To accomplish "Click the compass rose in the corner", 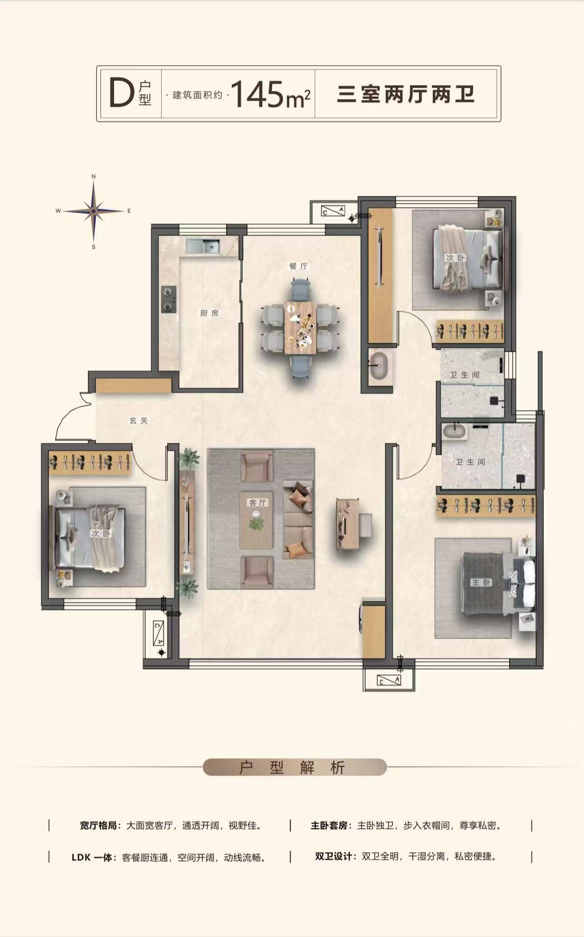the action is click(x=94, y=211).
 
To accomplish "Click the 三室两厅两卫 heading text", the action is click(x=406, y=94).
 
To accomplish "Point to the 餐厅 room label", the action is click(x=299, y=266).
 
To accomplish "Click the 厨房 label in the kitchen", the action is click(x=209, y=313).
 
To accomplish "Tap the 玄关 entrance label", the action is click(x=139, y=421).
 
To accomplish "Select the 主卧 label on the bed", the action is click(x=481, y=582).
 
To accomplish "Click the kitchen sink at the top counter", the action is click(x=203, y=246).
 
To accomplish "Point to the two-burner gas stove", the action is click(x=169, y=299).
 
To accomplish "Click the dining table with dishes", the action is click(x=300, y=329).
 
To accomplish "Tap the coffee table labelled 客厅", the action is click(x=256, y=519).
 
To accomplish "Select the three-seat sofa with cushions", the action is click(x=298, y=519).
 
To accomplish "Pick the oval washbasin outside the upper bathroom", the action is click(x=379, y=366).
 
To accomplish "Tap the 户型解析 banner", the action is click(x=295, y=767).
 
